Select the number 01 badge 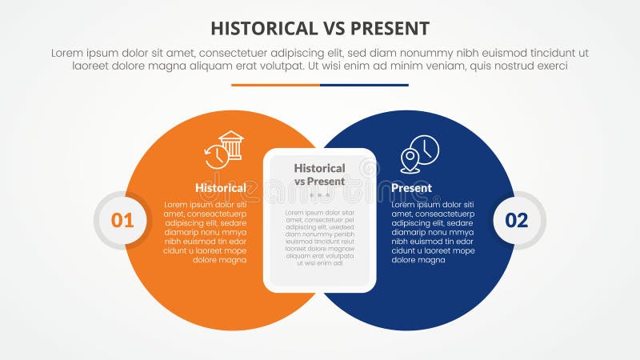coord(122,220)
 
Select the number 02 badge coord(517,220)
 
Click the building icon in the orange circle coord(231,145)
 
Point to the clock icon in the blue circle coord(426,149)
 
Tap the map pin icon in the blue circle coord(410,161)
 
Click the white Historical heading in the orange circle coord(220,188)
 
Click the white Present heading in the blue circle coord(411,188)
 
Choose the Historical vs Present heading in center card coord(319,174)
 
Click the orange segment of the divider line coord(275,85)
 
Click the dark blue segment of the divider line coord(364,85)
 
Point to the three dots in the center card coord(319,195)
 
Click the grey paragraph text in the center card coord(319,237)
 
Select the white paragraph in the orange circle coord(206,232)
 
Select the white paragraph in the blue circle coord(433,232)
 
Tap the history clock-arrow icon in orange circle coord(215,157)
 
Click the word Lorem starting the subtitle coord(68,52)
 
